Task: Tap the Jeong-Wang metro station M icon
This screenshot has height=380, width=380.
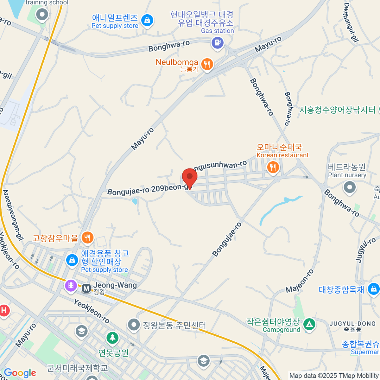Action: pos(86,288)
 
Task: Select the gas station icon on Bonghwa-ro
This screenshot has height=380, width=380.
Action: pos(217,42)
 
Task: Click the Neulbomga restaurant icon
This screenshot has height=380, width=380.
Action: pos(207,65)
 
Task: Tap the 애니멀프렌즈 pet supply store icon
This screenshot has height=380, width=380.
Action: pos(147,21)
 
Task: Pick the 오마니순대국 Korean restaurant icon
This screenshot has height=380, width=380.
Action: pos(273,167)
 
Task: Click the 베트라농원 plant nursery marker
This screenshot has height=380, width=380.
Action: pos(350,187)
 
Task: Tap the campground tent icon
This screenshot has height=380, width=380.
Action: pos(309,324)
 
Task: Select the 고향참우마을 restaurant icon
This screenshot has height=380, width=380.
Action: pos(87,237)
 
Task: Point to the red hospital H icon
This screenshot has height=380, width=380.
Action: pos(4,310)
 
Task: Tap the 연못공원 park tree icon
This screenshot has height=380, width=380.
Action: pos(112,338)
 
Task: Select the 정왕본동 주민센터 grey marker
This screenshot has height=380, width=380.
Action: pos(134,325)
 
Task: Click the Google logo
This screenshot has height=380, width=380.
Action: pos(20,373)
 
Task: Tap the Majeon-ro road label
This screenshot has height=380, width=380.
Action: pos(300,281)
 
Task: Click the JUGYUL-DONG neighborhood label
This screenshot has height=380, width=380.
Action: pos(352,326)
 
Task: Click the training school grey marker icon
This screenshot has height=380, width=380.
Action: pos(42,14)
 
